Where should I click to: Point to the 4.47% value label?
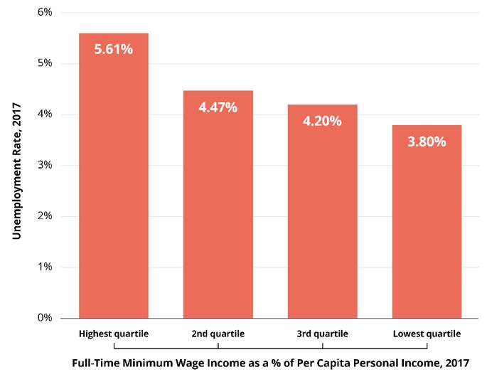(x=218, y=107)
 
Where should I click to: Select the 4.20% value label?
(x=322, y=121)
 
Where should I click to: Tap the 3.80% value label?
(x=427, y=142)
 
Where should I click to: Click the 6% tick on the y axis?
(x=44, y=13)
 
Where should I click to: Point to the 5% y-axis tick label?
(x=44, y=63)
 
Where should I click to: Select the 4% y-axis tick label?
(x=44, y=115)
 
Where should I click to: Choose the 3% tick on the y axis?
(x=44, y=166)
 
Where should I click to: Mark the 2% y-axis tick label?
(x=44, y=216)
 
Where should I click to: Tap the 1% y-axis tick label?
(x=44, y=267)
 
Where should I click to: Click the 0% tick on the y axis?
(x=44, y=318)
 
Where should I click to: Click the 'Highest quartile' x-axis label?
(x=114, y=334)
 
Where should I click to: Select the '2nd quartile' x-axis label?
(x=218, y=334)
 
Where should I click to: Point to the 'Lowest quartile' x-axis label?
(x=427, y=334)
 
